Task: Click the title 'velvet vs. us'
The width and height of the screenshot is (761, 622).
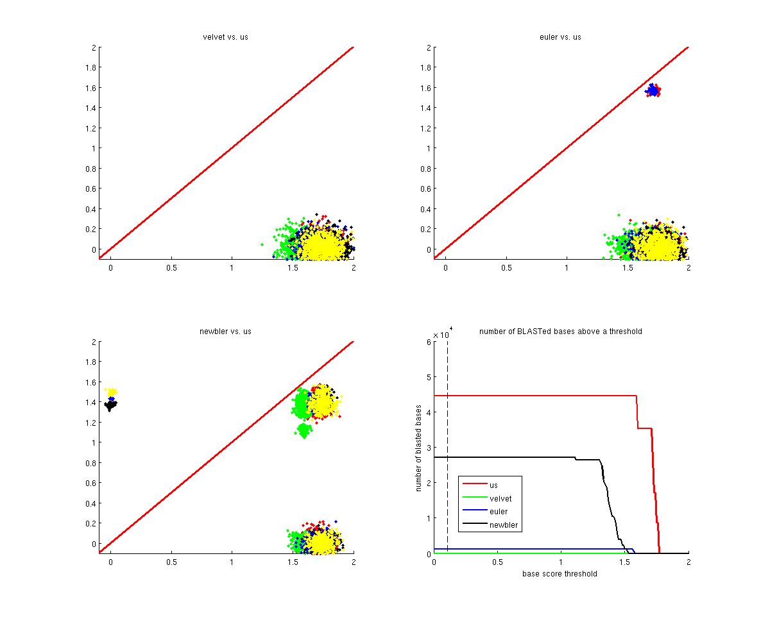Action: tap(225, 37)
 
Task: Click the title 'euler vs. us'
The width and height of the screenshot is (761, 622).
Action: tap(560, 37)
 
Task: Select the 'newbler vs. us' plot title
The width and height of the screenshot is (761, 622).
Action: tap(225, 331)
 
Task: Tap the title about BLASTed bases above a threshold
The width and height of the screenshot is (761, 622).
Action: tap(560, 331)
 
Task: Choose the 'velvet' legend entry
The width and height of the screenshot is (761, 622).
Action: tap(500, 498)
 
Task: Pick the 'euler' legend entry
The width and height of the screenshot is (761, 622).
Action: tap(498, 512)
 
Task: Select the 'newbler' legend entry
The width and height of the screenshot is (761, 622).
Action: tap(503, 525)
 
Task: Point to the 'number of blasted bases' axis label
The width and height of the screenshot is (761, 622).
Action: tap(418, 448)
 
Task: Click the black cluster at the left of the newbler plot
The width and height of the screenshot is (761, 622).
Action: tap(110, 405)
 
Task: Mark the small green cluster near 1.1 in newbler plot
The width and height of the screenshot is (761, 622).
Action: tap(305, 430)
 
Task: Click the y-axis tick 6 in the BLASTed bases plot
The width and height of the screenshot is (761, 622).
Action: tap(427, 342)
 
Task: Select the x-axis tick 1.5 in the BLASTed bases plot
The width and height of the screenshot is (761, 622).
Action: tap(624, 562)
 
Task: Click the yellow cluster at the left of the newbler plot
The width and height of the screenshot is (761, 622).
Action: tap(112, 391)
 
